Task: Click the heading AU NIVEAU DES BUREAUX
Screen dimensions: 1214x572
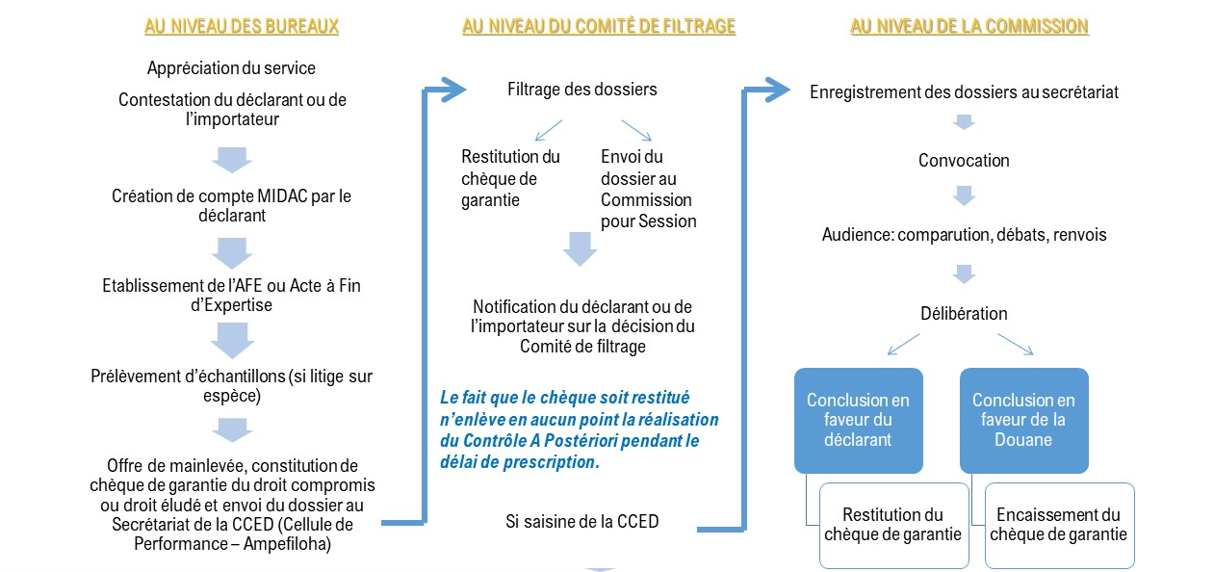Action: point(242,26)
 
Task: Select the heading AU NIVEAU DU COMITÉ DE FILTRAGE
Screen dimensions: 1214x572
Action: point(599,26)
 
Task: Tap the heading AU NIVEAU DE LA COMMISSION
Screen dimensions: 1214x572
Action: point(969,26)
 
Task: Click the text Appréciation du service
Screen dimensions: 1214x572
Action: point(231,68)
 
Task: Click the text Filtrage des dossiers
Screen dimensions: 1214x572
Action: point(582,89)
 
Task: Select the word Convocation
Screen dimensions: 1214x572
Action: point(964,161)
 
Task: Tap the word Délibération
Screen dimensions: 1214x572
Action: point(964,313)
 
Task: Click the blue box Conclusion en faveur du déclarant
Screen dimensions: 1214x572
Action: point(859,420)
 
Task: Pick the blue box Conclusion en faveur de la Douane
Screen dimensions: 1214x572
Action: point(1023,420)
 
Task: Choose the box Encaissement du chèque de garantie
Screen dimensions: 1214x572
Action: point(1059,525)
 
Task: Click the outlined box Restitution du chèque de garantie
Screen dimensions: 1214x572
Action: point(893,525)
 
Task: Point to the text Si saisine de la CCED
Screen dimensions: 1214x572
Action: point(582,522)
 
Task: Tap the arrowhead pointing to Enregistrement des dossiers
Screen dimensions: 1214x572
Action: point(778,90)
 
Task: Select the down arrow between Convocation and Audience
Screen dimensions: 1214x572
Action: point(964,195)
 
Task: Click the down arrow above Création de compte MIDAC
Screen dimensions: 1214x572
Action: point(232,160)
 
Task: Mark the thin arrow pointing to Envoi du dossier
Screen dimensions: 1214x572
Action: point(635,130)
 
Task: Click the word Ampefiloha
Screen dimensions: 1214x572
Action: point(287,544)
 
